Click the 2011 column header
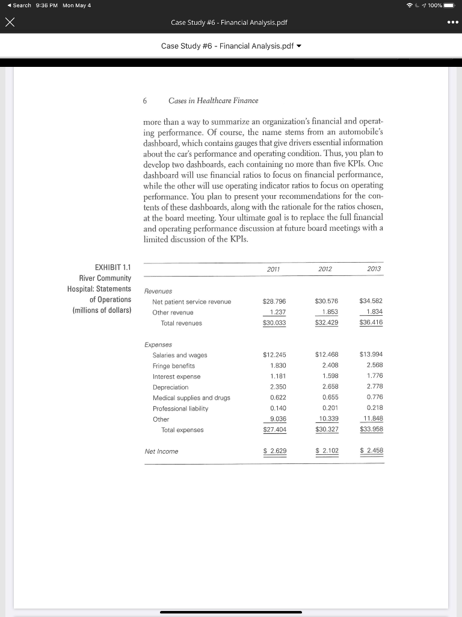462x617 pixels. pos(274,269)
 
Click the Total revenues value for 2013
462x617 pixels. pos(371,322)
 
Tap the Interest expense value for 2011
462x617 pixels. pos(277,376)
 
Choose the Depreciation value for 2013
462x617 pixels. pos(374,386)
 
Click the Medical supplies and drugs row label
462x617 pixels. pos(191,397)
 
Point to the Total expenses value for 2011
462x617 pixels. pos(275,430)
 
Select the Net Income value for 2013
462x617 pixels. pos(372,451)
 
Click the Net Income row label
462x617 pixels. pos(161,451)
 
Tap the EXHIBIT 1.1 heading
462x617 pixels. pos(113,267)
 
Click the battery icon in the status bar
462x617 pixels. pos(450,5)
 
